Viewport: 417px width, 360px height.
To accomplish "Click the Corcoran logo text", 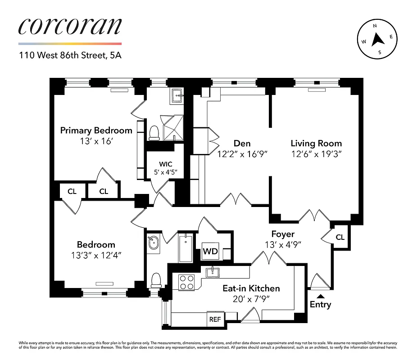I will click(x=70, y=27).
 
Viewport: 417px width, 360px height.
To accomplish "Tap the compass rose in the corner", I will click(x=377, y=39).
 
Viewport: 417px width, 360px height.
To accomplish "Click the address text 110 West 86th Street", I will click(x=70, y=56).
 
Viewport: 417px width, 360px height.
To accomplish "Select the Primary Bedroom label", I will click(x=96, y=130).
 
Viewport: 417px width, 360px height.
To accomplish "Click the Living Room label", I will click(x=316, y=144).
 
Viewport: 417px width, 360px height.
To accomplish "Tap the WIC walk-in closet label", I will click(x=166, y=164).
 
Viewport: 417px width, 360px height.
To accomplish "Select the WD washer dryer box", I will click(x=210, y=252).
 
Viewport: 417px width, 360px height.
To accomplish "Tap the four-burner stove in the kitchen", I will click(x=186, y=282).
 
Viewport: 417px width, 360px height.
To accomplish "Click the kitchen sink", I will click(x=212, y=272).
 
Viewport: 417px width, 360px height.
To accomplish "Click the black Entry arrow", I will click(x=320, y=296).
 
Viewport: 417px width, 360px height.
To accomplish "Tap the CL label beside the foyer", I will click(x=340, y=237).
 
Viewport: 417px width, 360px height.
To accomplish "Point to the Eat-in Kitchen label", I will click(x=251, y=288).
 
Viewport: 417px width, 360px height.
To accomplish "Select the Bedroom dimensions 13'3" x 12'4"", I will click(x=96, y=255).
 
